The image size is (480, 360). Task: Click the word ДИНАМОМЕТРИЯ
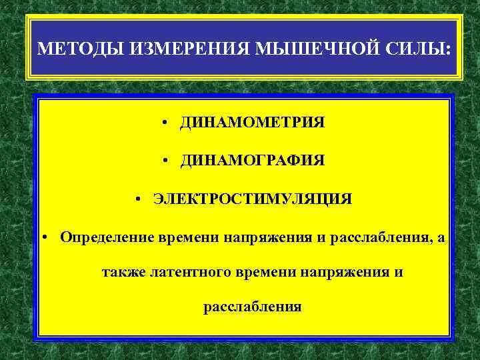[252, 123]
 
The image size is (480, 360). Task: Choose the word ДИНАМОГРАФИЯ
[252, 161]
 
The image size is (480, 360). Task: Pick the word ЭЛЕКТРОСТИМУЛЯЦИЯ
[253, 199]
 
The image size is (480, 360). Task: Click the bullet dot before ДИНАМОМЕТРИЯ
[163, 123]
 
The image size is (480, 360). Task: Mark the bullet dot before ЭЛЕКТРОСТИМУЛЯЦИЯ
[137, 199]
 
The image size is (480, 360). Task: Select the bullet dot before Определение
[43, 237]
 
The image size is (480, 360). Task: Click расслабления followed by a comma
[378, 237]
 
